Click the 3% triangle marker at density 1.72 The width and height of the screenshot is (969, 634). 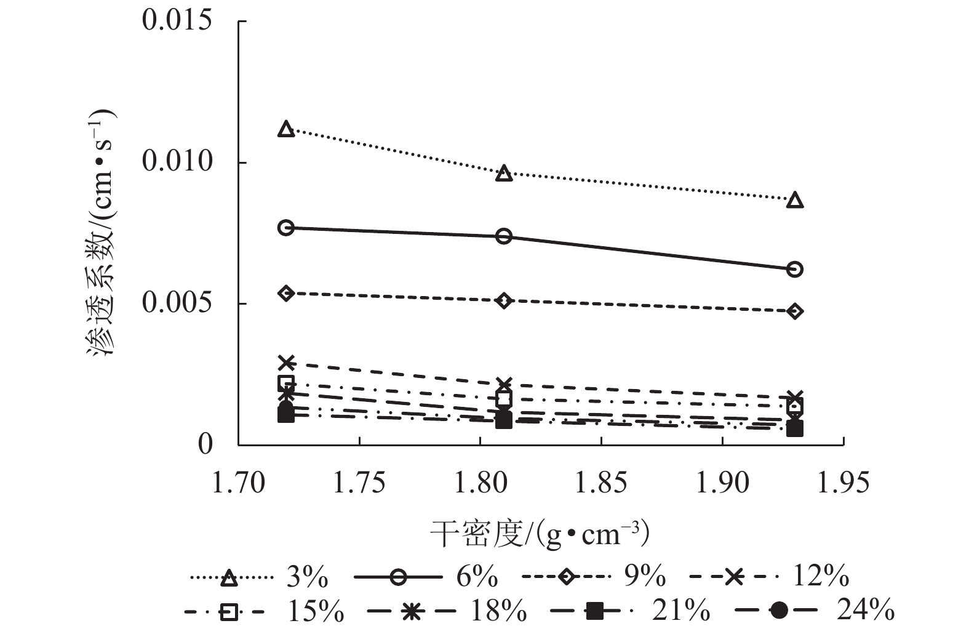click(285, 129)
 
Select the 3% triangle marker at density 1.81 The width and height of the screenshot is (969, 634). click(504, 174)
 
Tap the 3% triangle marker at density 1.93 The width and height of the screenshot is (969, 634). click(795, 201)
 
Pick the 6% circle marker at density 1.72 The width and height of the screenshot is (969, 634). click(285, 228)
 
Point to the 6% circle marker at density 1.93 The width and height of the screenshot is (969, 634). click(795, 269)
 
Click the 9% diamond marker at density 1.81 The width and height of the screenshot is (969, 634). click(504, 301)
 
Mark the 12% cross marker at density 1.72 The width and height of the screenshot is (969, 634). click(285, 363)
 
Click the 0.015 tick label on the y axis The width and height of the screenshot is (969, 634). click(177, 21)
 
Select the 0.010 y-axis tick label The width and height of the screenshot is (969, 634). click(177, 163)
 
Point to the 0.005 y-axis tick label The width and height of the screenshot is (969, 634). click(177, 303)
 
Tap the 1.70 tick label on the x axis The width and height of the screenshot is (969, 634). click(238, 483)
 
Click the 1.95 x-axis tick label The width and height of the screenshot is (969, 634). click(843, 483)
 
